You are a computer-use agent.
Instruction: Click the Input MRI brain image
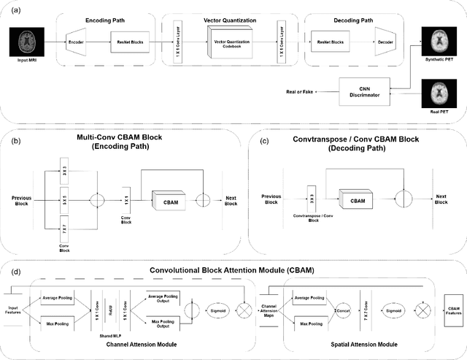(23, 44)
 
